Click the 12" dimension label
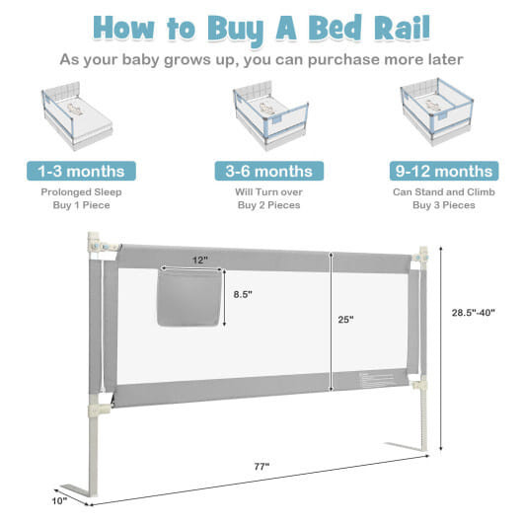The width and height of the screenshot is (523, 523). (200, 261)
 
